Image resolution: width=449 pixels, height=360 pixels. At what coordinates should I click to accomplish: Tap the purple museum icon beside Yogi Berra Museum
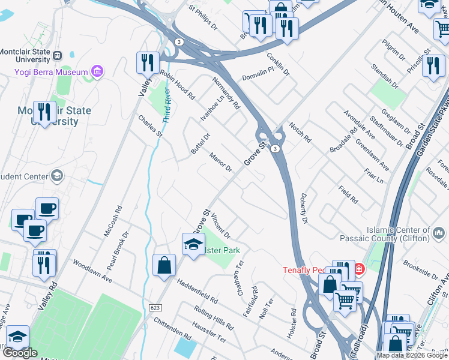(97, 72)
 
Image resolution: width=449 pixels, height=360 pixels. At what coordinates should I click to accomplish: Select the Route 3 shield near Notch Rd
(274, 148)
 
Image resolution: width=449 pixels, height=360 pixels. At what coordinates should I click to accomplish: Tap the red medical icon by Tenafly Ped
(359, 269)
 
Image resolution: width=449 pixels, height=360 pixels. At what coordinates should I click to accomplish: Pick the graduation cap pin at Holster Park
(193, 244)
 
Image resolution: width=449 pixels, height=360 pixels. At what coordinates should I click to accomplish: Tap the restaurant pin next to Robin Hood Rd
(147, 62)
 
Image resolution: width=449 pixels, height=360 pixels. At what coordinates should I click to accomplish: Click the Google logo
(20, 353)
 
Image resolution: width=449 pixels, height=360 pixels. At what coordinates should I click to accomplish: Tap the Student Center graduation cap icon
(57, 176)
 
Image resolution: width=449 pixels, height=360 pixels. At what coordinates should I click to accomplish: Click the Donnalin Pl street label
(258, 78)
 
